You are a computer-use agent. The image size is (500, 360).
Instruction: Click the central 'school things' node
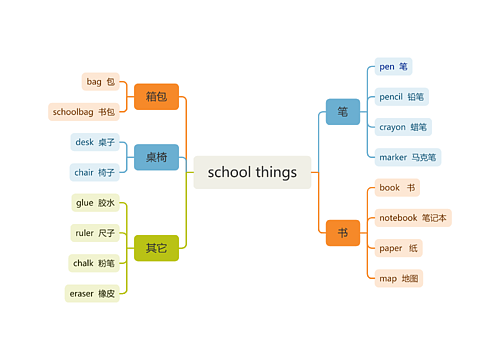(x=252, y=172)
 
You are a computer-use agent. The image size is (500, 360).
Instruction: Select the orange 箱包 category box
(x=156, y=97)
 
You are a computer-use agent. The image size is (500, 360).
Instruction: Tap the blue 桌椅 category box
(x=156, y=157)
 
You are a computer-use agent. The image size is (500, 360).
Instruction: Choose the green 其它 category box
(x=156, y=248)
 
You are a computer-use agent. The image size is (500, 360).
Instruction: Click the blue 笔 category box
(x=343, y=112)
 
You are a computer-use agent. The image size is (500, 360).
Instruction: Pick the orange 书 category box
(x=343, y=233)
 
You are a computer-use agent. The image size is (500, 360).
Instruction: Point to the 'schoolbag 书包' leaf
(x=84, y=112)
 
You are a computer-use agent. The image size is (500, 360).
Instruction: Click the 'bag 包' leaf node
(x=100, y=82)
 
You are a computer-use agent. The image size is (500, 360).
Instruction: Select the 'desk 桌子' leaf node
(x=95, y=142)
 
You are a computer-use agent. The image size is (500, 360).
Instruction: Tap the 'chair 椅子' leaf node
(x=94, y=173)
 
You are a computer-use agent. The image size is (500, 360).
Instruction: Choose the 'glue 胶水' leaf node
(x=95, y=203)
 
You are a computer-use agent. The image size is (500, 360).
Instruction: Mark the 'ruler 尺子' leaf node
(x=95, y=233)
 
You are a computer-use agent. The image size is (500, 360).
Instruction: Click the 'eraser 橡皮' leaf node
(x=92, y=294)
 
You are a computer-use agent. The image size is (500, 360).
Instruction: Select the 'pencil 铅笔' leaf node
(x=402, y=97)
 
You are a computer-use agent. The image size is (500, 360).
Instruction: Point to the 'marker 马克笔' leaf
(x=408, y=157)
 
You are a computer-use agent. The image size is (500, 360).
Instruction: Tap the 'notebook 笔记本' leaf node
(x=413, y=218)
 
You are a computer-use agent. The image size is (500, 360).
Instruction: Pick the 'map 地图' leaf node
(x=399, y=279)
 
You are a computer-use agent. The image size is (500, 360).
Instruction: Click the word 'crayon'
(x=392, y=128)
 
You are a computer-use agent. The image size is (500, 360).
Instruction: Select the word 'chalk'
(x=83, y=263)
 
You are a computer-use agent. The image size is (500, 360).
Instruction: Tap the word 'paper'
(x=391, y=249)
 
